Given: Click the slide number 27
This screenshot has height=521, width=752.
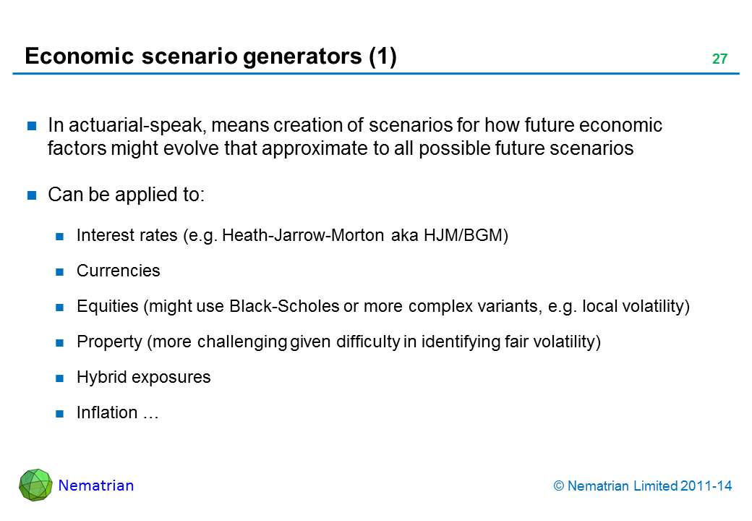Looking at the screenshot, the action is (x=719, y=59).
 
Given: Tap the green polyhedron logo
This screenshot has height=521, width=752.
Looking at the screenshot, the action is (x=35, y=485).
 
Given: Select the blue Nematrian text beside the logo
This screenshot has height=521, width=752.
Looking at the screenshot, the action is (x=96, y=486).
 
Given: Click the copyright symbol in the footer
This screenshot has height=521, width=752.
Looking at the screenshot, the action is (x=559, y=486).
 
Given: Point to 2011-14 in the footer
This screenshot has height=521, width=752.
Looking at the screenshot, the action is (x=706, y=486).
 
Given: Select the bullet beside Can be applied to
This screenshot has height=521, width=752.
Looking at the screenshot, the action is (x=32, y=195).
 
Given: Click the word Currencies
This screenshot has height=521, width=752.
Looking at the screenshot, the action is (x=119, y=271).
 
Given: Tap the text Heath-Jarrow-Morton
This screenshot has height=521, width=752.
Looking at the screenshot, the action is (x=303, y=235).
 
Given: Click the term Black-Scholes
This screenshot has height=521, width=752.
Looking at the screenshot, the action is (x=284, y=306).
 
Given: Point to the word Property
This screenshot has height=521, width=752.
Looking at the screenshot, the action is (x=109, y=342).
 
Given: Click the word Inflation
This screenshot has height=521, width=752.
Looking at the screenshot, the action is (x=107, y=412).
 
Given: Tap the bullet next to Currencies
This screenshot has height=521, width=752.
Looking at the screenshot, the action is (x=60, y=272).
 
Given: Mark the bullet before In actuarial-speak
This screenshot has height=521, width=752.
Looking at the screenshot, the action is (x=32, y=126).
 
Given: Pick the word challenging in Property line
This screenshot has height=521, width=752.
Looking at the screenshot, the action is (x=242, y=342).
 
